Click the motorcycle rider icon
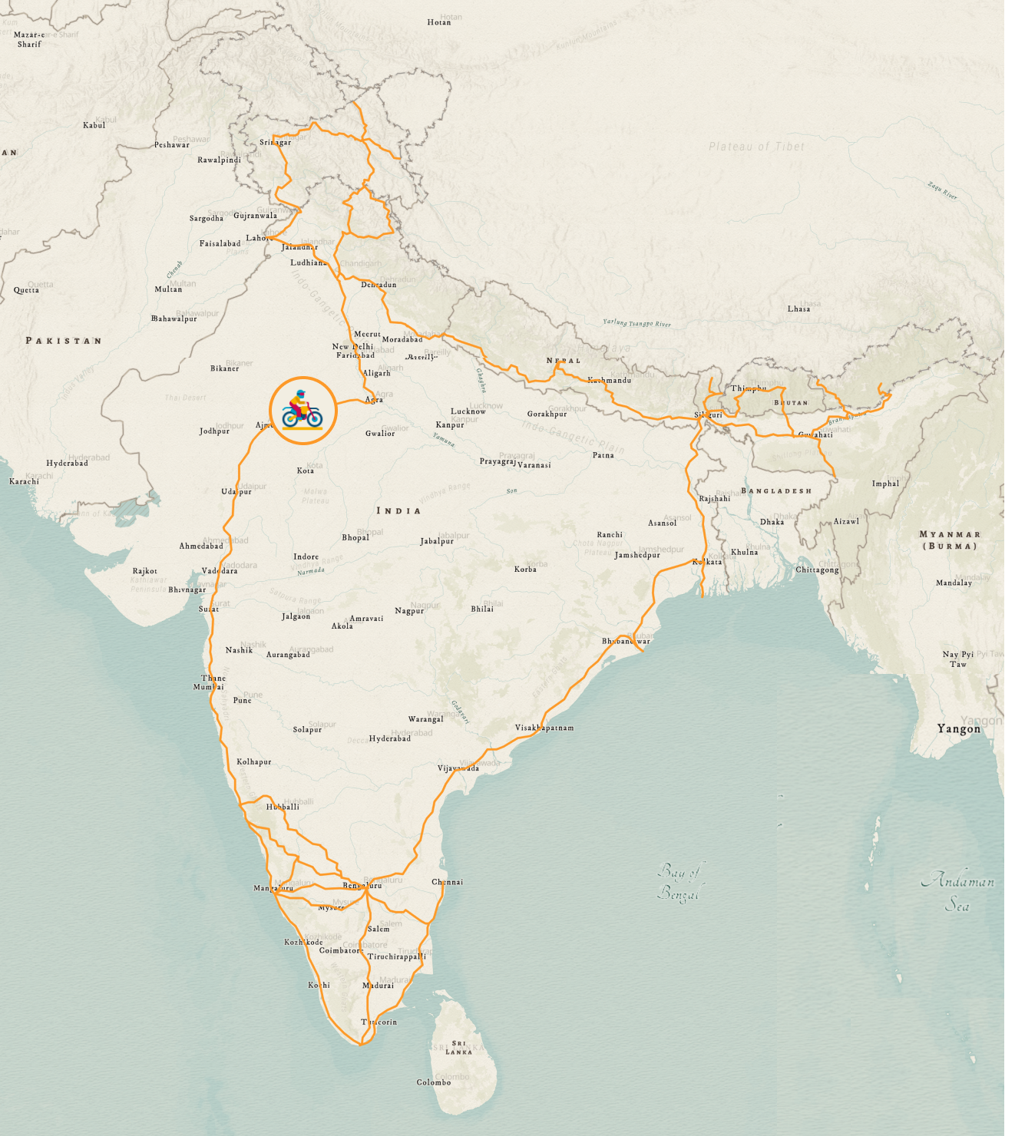303,411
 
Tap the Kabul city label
94,125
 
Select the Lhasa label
798,309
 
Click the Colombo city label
434,1082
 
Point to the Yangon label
958,728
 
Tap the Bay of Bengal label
679,882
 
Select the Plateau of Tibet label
756,147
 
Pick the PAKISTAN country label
64,340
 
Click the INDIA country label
398,510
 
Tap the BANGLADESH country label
776,490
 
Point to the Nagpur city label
409,611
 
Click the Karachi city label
24,481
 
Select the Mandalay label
954,583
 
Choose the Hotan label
439,22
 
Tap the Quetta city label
26,290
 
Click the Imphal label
885,484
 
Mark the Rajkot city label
144,571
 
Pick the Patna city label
603,455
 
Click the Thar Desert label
185,398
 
